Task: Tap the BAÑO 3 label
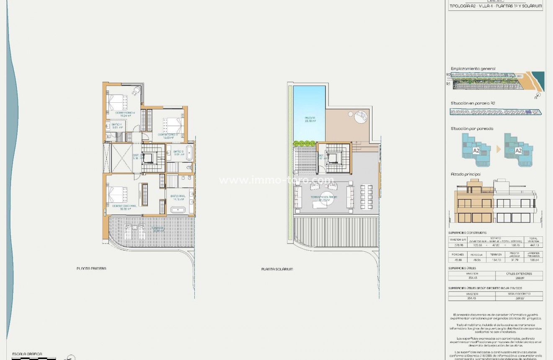click(179, 152)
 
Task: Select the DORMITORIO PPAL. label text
click(124, 206)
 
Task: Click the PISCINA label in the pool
click(310, 118)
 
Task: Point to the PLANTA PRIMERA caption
click(91, 269)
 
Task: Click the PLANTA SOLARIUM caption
click(277, 269)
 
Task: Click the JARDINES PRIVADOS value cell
click(533, 260)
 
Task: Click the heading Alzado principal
click(466, 174)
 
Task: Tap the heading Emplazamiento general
click(473, 69)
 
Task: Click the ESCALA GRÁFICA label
click(27, 354)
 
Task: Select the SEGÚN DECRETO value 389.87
click(519, 299)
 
